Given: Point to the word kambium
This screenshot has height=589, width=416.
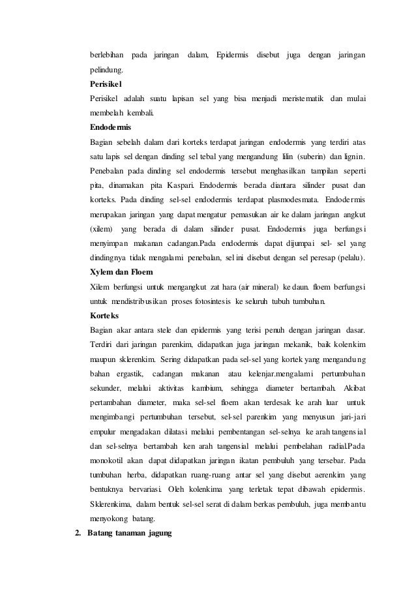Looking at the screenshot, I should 205,387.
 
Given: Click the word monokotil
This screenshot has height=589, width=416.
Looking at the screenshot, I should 110,446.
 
